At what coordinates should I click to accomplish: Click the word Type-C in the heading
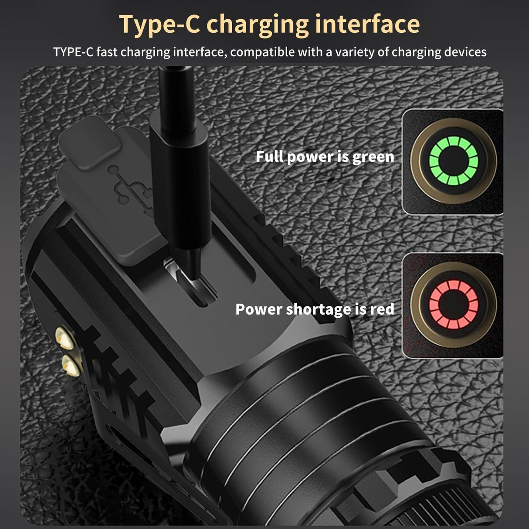pyautogui.click(x=159, y=24)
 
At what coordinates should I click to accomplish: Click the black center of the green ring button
pyautogui.click(x=454, y=161)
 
